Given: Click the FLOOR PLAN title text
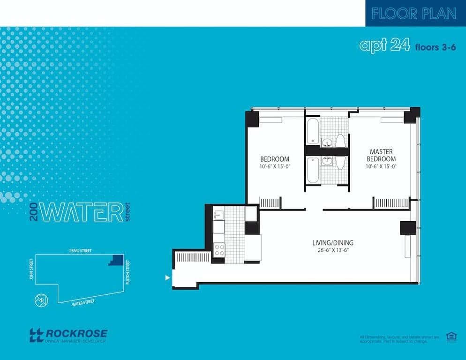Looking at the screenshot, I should click(413, 14).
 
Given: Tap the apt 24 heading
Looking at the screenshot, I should click(384, 45).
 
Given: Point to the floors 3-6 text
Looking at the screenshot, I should click(435, 47).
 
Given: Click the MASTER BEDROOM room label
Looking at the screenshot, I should click(381, 155).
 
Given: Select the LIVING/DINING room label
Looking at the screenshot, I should click(333, 243).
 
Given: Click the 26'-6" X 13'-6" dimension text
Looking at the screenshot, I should click(333, 250).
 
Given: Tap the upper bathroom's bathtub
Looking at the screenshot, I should click(313, 131).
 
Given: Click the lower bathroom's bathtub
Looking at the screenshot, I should click(313, 170).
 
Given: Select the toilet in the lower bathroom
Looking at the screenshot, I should click(341, 162).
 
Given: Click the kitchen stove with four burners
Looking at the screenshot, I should click(219, 249).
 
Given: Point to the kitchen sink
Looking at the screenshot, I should click(219, 215).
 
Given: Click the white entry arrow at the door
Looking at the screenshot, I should click(167, 277).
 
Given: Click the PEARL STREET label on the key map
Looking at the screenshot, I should click(79, 251).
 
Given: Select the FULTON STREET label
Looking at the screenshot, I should click(128, 272).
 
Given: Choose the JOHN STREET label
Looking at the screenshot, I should click(31, 271).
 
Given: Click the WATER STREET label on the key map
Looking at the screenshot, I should click(83, 302).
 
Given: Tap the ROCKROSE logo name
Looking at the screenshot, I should click(76, 334).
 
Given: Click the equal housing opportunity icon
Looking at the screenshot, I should click(451, 336).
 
